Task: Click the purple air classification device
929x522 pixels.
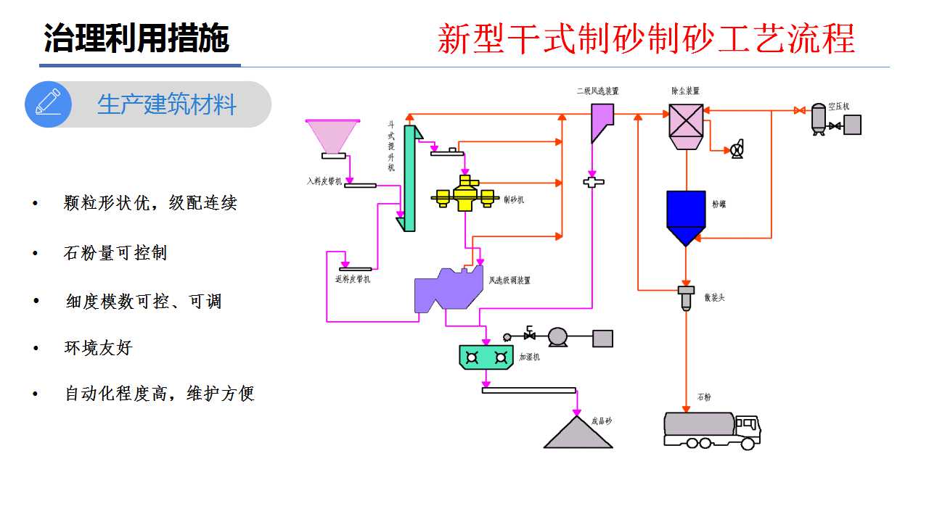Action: [446, 291]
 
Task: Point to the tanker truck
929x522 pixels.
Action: [712, 430]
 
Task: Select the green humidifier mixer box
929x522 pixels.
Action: [486, 357]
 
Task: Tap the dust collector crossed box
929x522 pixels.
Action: [686, 121]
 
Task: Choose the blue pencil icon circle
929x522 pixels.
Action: [48, 104]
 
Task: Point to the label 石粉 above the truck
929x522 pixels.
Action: [704, 397]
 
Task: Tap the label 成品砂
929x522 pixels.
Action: [602, 420]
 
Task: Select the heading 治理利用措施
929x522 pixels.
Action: [136, 38]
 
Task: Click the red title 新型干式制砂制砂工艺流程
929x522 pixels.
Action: [646, 38]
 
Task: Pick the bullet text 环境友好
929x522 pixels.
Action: [99, 348]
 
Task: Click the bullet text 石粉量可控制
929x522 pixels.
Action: [115, 254]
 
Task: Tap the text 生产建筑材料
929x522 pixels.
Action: [167, 104]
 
